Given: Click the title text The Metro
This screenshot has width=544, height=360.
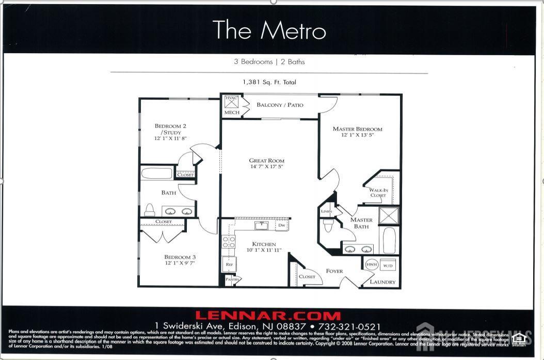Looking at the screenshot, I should (269, 30).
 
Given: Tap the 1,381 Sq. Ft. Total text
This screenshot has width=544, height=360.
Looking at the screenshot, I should (269, 82).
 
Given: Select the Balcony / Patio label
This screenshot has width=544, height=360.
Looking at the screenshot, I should (280, 105).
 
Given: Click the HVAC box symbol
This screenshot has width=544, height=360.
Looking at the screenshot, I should (231, 102).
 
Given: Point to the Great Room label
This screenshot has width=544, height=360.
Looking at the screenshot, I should (266, 161).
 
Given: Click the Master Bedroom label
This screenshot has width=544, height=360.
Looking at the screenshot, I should (357, 129).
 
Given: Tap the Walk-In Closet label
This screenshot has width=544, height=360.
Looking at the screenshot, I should (378, 193).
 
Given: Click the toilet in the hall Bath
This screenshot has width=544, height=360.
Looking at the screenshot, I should (150, 209).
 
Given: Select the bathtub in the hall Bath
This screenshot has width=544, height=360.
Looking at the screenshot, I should (156, 173).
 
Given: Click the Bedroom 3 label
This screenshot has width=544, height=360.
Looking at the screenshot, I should (180, 257).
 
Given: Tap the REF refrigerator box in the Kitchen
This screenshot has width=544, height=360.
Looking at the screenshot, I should (229, 264).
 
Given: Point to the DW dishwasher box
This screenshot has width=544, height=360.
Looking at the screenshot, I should (281, 225).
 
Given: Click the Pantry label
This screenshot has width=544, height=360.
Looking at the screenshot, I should (232, 280).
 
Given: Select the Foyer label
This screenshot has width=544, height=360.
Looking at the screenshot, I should (334, 271).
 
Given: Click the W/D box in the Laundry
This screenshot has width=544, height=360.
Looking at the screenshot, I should (388, 265).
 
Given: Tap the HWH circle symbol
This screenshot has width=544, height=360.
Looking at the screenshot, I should (371, 264).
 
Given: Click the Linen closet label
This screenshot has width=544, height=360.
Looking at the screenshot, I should (326, 211).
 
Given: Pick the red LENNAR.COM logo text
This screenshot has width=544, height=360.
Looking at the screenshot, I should (268, 316).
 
